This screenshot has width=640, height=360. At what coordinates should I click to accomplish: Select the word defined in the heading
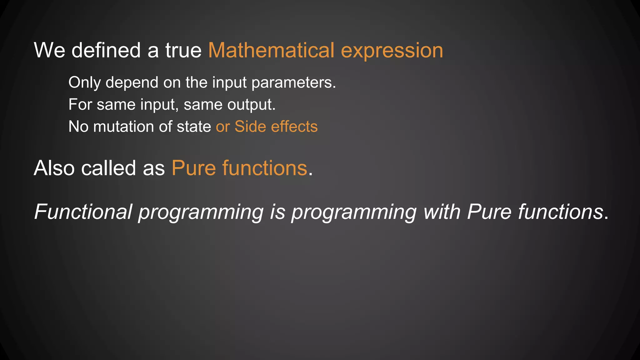click(106, 50)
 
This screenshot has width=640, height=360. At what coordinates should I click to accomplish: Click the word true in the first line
click(183, 50)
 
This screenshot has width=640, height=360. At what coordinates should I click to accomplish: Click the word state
click(194, 127)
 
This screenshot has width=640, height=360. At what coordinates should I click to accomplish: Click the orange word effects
click(294, 127)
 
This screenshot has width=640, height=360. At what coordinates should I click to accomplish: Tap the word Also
click(54, 168)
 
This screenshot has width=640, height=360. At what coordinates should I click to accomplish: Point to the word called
click(108, 168)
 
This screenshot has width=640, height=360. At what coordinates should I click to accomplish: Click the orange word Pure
click(194, 168)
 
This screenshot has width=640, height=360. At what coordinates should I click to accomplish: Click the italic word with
click(442, 212)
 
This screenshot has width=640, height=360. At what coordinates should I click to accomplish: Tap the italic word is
click(277, 212)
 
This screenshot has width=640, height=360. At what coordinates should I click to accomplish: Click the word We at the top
click(49, 50)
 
